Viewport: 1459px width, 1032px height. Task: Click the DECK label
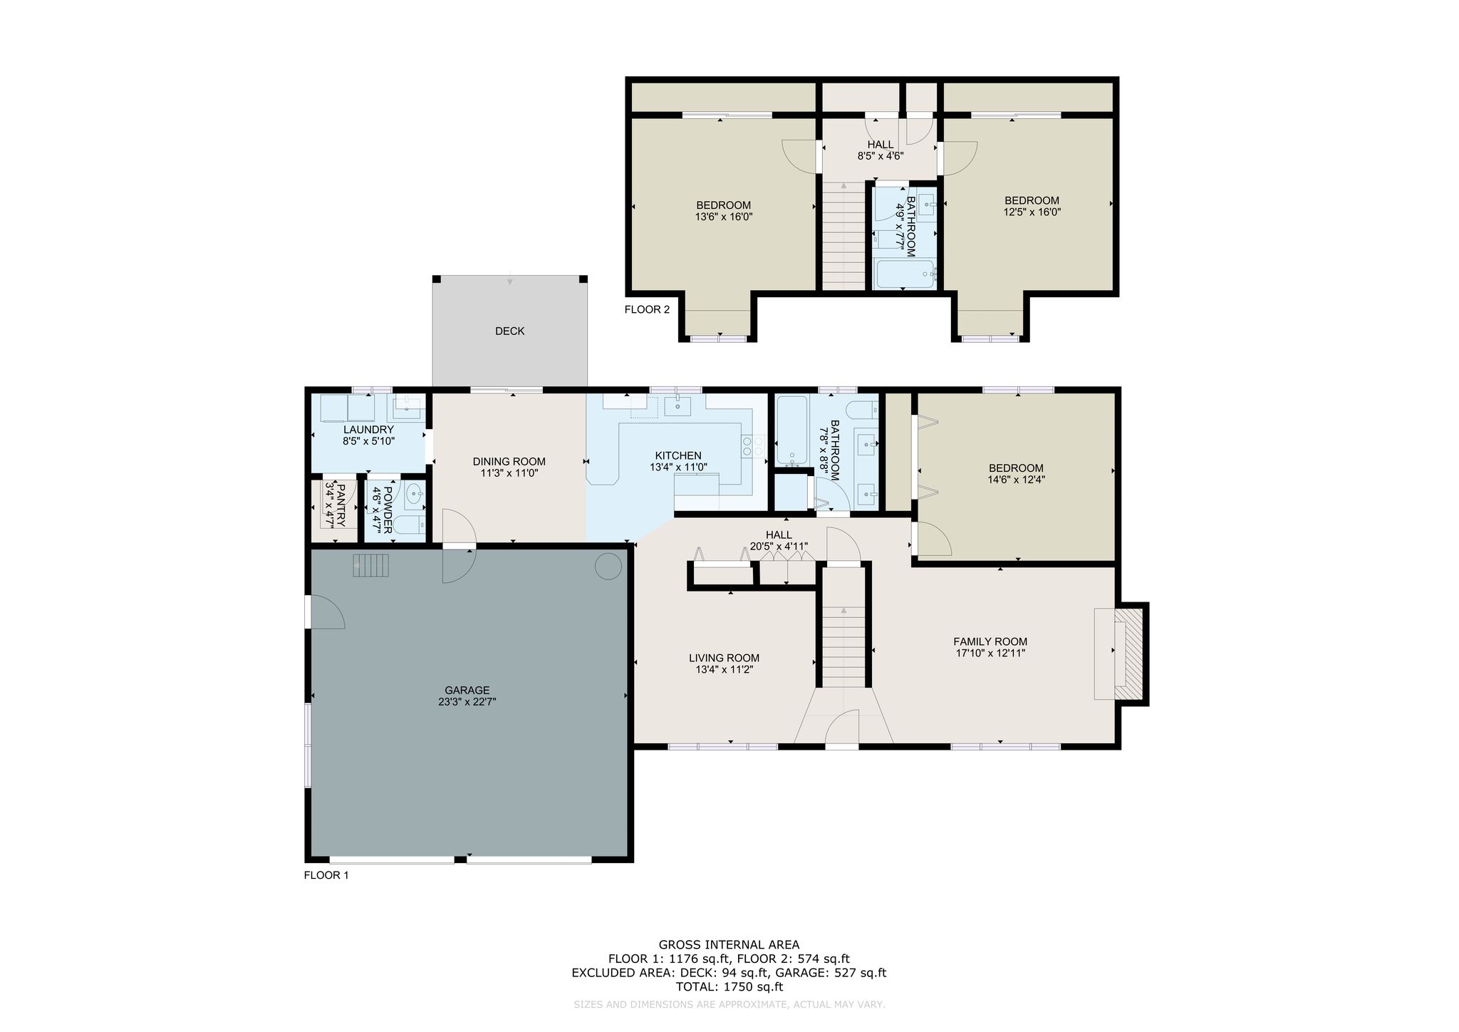click(509, 331)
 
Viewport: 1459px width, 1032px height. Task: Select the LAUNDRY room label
click(368, 430)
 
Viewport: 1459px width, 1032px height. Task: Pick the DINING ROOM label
click(509, 462)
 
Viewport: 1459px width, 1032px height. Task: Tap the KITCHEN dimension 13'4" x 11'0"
click(678, 468)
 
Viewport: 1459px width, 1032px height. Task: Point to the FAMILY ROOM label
click(990, 641)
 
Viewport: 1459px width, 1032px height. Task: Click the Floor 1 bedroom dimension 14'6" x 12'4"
click(1016, 480)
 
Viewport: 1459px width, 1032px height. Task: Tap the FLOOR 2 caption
click(647, 309)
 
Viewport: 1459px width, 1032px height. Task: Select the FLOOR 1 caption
click(326, 875)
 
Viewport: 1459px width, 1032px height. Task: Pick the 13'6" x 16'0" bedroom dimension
click(724, 217)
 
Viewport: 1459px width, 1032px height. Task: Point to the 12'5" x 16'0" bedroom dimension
click(1032, 212)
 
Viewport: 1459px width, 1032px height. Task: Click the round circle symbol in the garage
click(608, 567)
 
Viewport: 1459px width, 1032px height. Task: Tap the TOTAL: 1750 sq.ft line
click(729, 987)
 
